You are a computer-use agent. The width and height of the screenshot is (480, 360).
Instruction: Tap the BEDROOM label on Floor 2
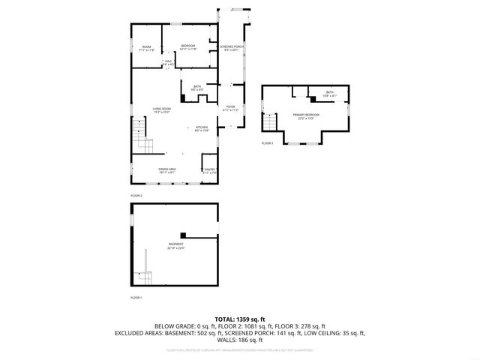[x=187, y=46]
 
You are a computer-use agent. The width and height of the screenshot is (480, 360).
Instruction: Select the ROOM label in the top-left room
[x=147, y=47]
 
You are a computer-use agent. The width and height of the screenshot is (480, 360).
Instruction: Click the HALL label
[x=169, y=61]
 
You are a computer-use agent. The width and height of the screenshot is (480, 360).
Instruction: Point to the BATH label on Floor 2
[x=196, y=86]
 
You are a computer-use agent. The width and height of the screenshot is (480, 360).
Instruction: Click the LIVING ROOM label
[x=162, y=109]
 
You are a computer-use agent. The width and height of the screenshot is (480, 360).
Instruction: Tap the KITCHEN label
[x=202, y=127]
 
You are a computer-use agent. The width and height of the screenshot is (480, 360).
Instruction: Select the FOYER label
[x=230, y=107]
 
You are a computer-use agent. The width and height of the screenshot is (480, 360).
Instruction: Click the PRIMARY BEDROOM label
[x=305, y=115]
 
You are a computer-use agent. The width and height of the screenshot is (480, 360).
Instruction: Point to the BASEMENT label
[x=175, y=245]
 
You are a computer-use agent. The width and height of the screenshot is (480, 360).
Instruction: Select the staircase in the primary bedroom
[x=268, y=121]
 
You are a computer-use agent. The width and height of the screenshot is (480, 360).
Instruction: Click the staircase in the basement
[x=142, y=277]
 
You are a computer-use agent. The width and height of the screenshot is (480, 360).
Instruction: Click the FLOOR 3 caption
[x=267, y=142]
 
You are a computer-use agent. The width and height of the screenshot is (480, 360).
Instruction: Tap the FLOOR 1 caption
[x=136, y=298]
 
